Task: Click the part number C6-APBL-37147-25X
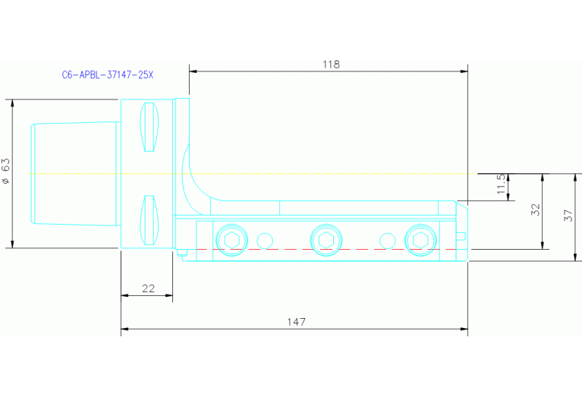pos(107,76)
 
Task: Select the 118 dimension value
pos(331,65)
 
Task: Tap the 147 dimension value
pos(296,322)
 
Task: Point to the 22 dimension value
pos(148,288)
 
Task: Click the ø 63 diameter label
pos(6,172)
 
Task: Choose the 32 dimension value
pos(535,210)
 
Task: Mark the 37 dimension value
pos(569,216)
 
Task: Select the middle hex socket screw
pos(326,239)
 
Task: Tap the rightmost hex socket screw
pos(420,240)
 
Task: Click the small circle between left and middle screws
pos(264,240)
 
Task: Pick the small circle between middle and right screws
pos(387,240)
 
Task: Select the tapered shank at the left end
pos(74,173)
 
